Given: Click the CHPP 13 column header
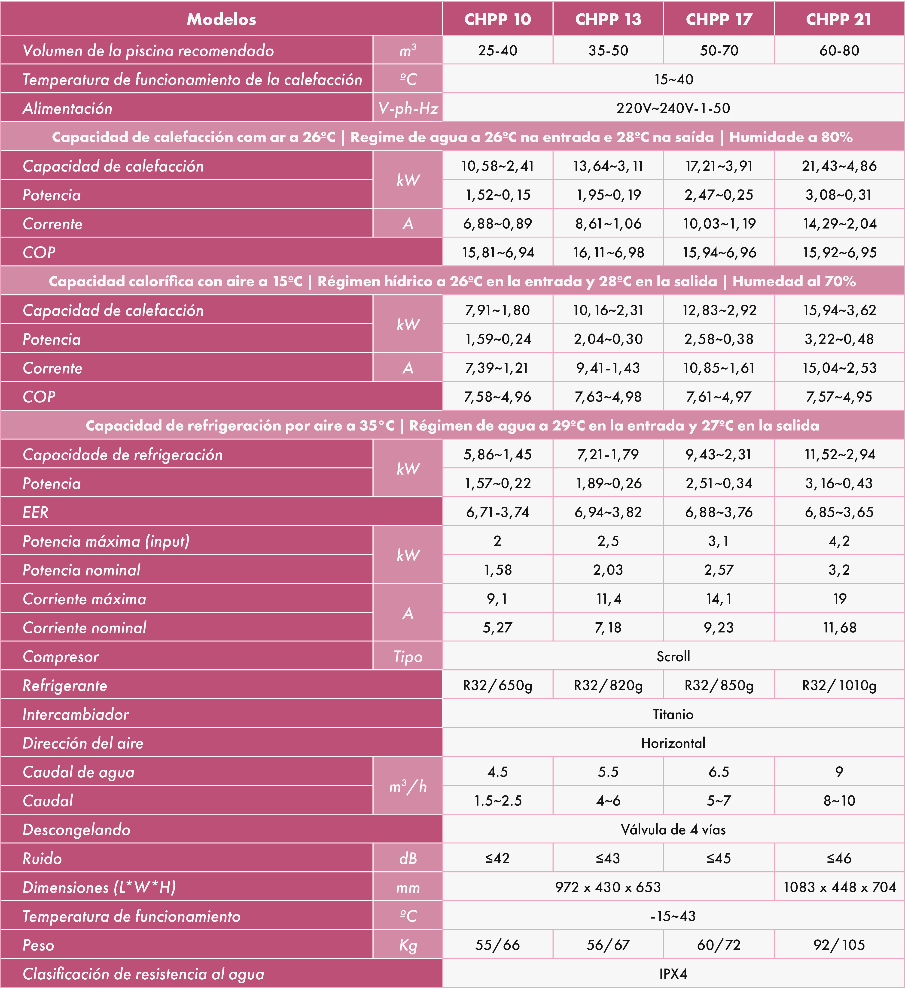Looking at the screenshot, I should click(608, 19).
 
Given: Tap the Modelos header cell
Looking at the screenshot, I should click(221, 19).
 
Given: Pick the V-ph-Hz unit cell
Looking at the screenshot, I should click(408, 108).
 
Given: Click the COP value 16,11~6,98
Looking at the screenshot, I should click(608, 253).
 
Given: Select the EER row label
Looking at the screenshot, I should click(36, 512).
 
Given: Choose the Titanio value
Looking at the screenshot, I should click(673, 714).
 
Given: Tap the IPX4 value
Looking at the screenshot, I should click(673, 974).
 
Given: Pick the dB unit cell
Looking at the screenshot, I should click(408, 858).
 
